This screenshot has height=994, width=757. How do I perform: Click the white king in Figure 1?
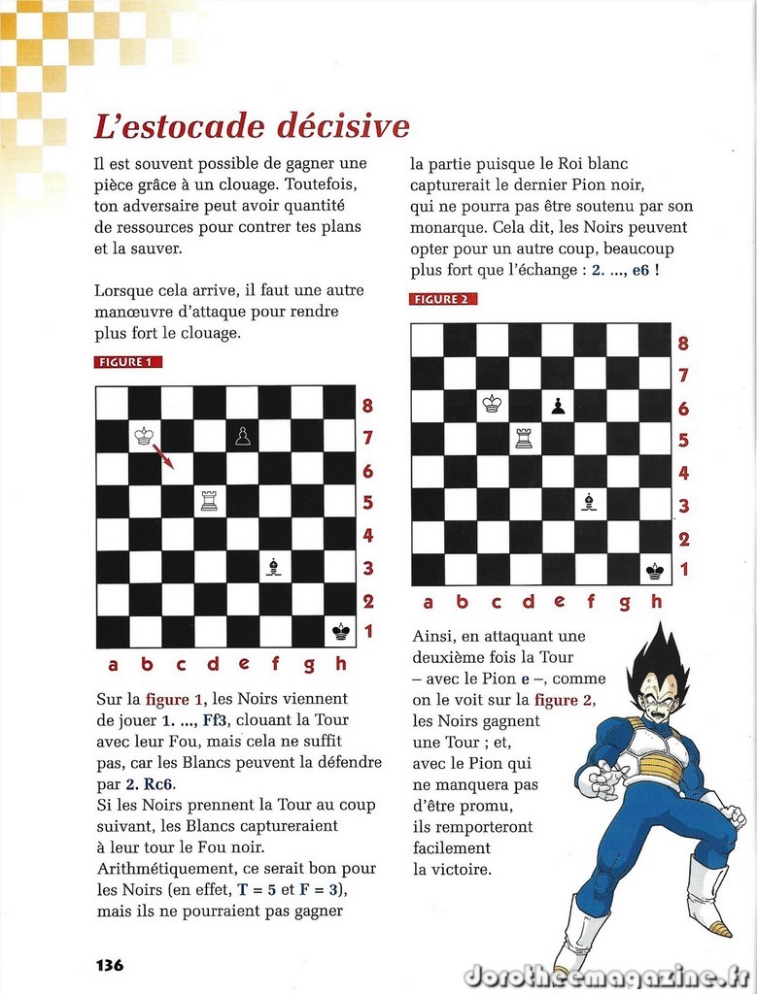point(145,437)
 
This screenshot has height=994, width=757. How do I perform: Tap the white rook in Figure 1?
point(209,501)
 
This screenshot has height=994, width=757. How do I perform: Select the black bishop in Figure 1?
point(274,568)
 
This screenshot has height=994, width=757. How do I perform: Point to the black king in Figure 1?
point(340,632)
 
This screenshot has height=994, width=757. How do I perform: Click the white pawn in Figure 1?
point(242,437)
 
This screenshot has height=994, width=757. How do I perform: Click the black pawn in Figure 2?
point(557,406)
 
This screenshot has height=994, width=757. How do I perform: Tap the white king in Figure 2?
point(493,405)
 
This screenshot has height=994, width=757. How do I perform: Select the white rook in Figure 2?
point(525,438)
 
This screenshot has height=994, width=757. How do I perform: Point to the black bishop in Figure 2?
point(589,502)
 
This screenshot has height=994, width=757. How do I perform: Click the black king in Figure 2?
point(654,570)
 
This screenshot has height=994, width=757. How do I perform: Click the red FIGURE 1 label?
point(128,362)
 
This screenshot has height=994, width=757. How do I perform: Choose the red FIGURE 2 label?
point(443,299)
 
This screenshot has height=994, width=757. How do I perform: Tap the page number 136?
point(110,965)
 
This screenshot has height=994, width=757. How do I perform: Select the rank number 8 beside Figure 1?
point(367,406)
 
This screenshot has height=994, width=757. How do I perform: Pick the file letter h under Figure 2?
point(657,603)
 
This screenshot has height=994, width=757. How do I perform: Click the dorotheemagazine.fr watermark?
point(606,975)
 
